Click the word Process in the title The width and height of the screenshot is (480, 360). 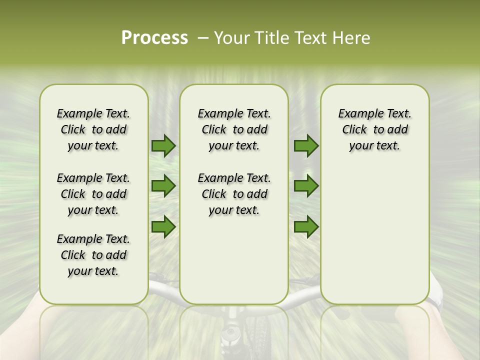[154, 38]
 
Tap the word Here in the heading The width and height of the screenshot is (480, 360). [352, 38]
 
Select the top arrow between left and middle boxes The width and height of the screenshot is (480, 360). [163, 146]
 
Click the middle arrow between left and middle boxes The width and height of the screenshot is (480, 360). [163, 186]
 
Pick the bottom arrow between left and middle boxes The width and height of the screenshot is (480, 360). [163, 226]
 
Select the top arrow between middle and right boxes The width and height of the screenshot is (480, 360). [306, 146]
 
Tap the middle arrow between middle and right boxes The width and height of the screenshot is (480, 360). [306, 186]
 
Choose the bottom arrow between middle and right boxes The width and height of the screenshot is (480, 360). [306, 226]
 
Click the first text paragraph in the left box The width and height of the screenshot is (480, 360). [93, 129]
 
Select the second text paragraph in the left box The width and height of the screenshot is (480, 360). [93, 194]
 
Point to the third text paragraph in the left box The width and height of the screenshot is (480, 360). [93, 255]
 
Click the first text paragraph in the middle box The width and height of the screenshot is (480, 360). [234, 129]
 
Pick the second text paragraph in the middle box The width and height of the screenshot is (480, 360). [234, 194]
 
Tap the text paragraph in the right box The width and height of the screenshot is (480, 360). [374, 129]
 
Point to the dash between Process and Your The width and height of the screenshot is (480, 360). [203, 38]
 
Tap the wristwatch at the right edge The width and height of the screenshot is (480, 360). [438, 300]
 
